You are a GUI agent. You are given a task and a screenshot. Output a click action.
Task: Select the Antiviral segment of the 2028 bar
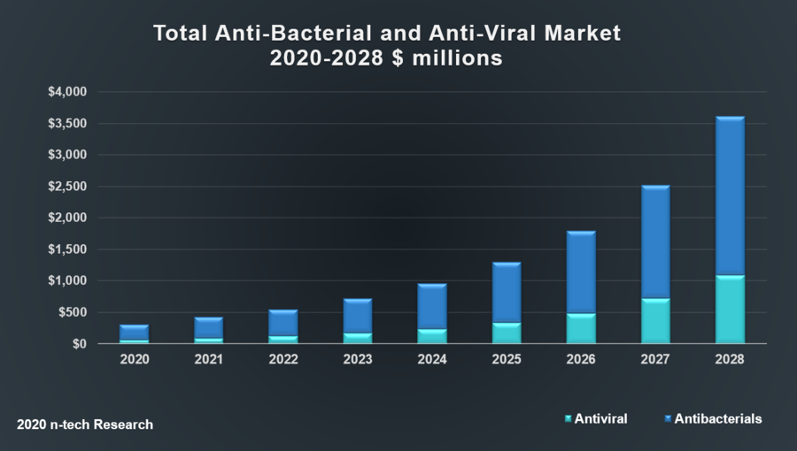[730, 310]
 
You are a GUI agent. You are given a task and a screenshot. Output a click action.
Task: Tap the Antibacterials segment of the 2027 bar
[655, 242]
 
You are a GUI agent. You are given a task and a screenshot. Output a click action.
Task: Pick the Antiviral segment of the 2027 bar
[655, 321]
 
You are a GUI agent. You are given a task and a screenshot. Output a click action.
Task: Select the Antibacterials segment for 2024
[432, 307]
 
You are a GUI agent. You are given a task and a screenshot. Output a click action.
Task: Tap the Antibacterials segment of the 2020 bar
[135, 333]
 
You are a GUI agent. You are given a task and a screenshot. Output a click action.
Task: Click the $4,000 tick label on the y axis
[67, 92]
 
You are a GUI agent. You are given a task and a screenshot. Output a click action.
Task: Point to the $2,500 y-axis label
[67, 187]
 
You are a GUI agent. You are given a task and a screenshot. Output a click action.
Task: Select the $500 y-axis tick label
[72, 312]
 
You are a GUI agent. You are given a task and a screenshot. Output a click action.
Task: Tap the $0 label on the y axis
[79, 344]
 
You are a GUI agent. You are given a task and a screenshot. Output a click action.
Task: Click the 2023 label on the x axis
[358, 360]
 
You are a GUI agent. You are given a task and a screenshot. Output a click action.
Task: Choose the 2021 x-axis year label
[209, 360]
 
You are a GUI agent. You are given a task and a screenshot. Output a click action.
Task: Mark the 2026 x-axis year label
[581, 360]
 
